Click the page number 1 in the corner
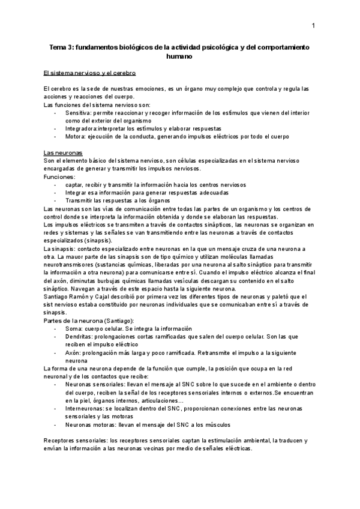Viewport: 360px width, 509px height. coord(314,26)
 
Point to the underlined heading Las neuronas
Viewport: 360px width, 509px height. coord(62,152)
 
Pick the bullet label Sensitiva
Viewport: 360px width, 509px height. coord(78,112)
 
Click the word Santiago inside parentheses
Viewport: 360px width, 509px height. coord(117,321)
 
